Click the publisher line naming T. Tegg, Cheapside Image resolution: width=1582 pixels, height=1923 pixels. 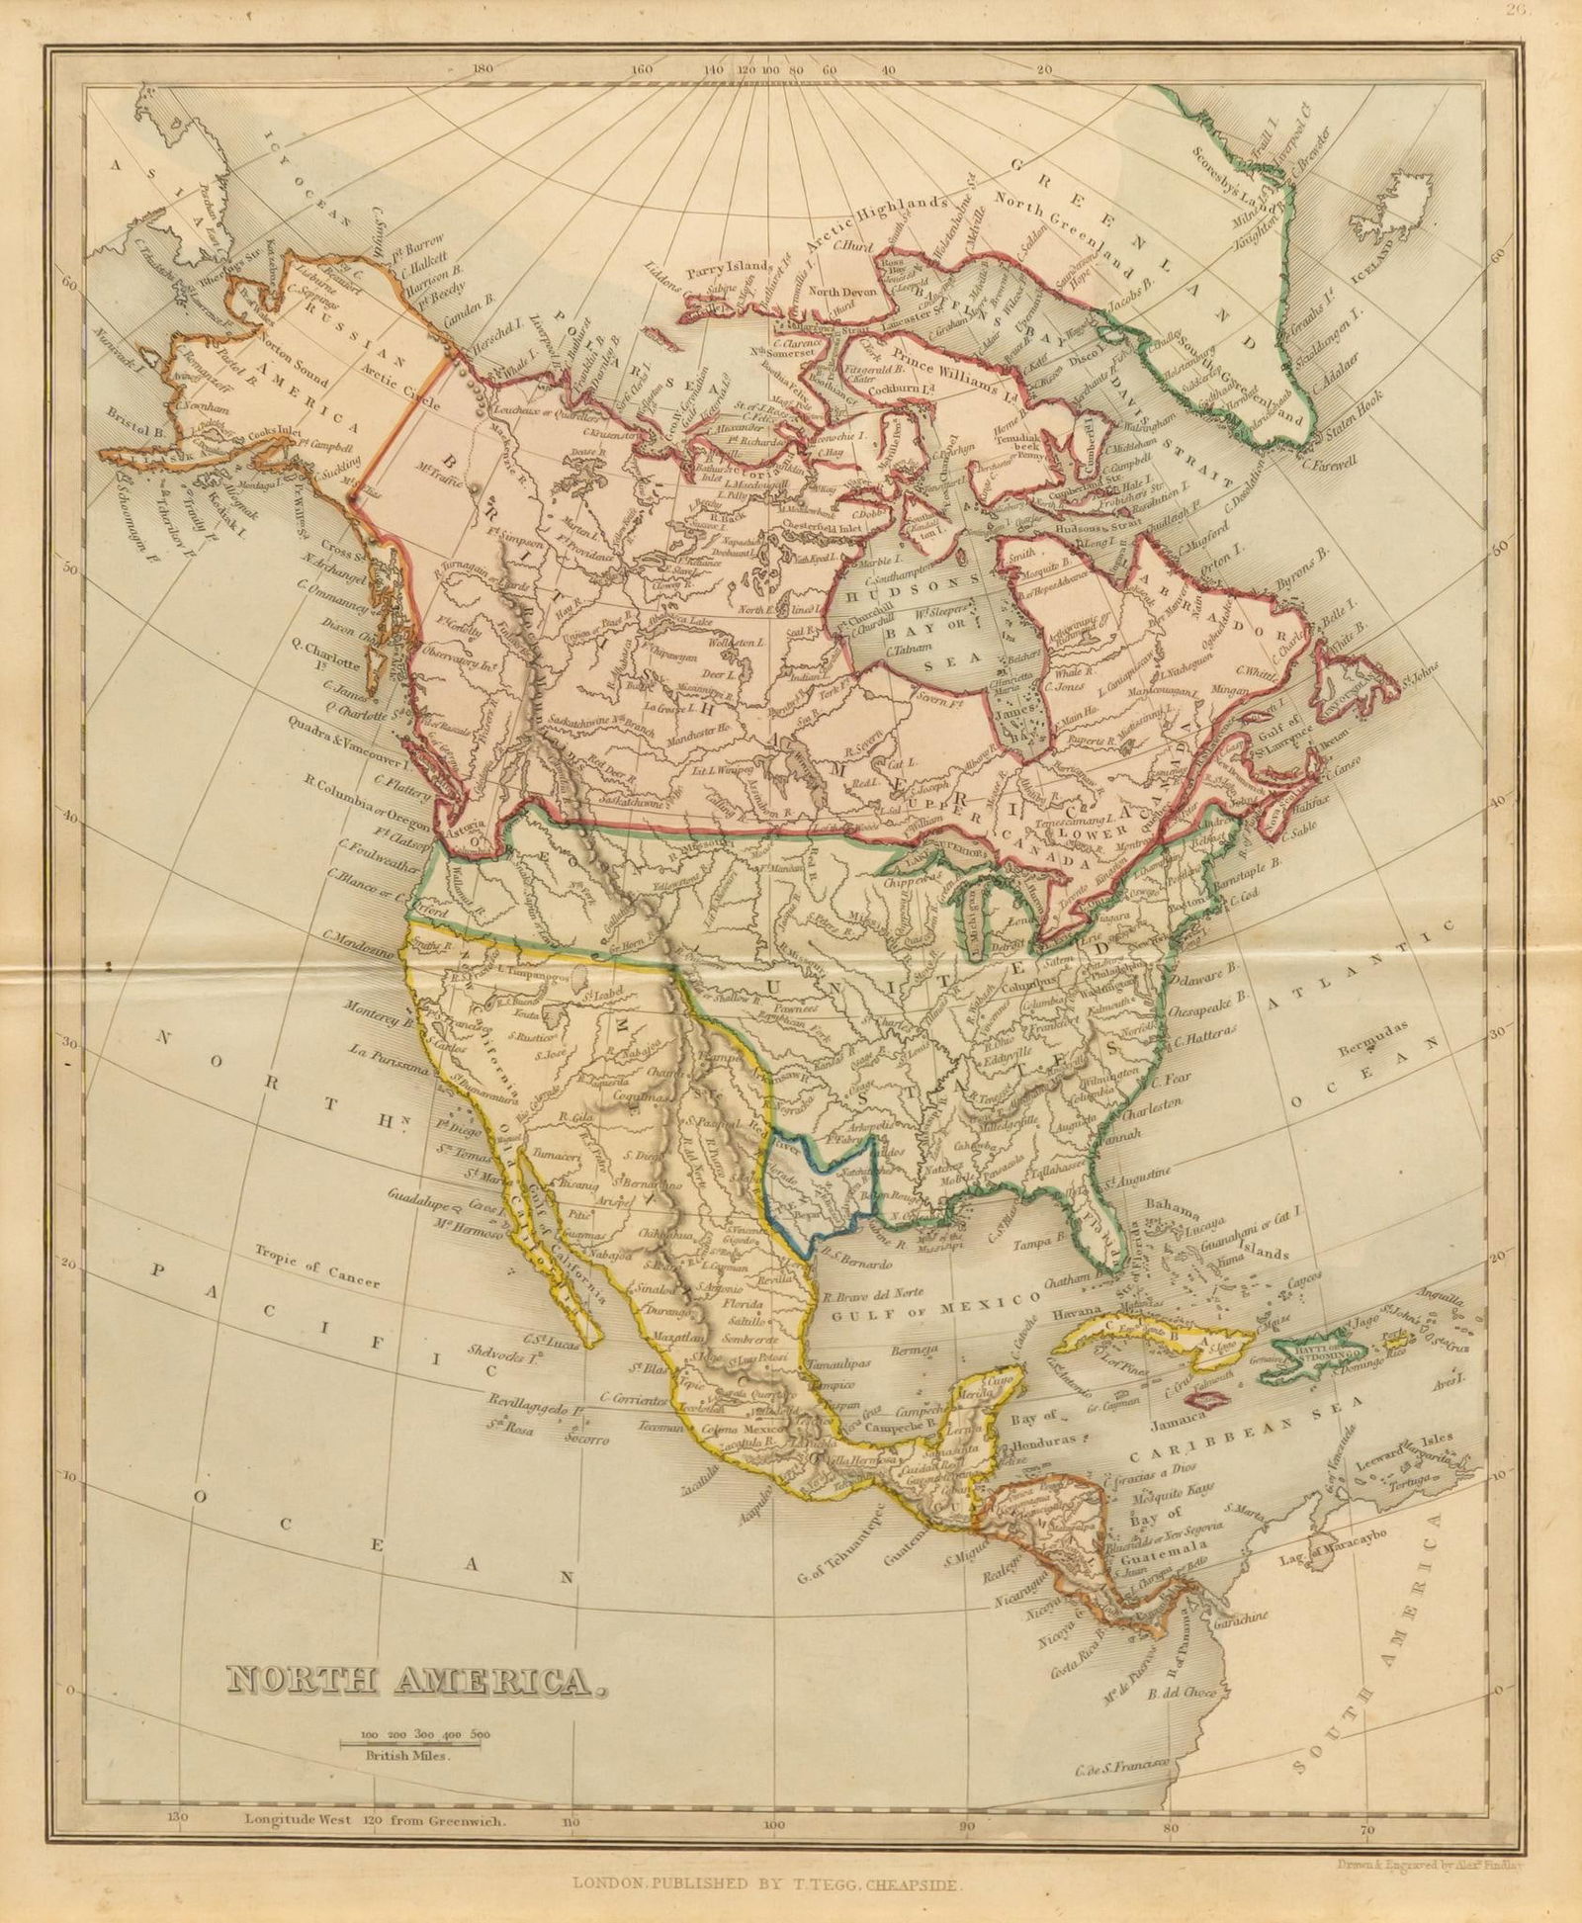(x=765, y=1884)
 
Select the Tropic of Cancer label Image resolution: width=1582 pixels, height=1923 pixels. (x=316, y=1265)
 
